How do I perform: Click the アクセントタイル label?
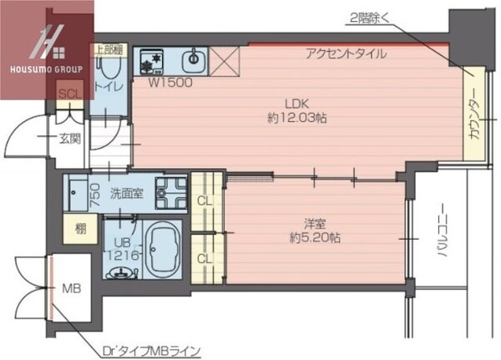(x=346, y=54)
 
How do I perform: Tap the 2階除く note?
(x=370, y=18)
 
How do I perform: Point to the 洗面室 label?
(x=127, y=193)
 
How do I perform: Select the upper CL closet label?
(x=205, y=200)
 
